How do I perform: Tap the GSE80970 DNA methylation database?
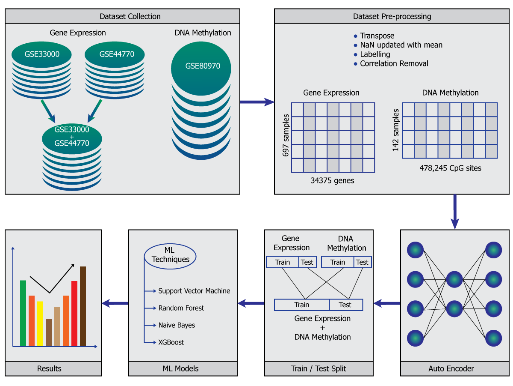click(201, 66)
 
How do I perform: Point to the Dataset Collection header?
click(130, 17)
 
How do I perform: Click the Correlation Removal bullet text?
click(394, 63)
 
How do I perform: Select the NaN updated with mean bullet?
click(401, 45)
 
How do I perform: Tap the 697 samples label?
click(286, 135)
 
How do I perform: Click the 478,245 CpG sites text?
click(450, 168)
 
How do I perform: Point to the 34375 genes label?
click(332, 180)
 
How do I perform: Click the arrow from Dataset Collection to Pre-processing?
click(257, 102)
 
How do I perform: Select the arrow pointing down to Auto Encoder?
click(455, 212)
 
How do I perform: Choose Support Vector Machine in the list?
click(194, 291)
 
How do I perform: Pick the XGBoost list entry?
click(171, 342)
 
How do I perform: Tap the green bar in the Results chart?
click(23, 313)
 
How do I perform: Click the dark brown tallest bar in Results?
click(83, 306)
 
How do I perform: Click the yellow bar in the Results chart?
click(40, 323)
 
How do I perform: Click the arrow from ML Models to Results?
click(115, 303)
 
